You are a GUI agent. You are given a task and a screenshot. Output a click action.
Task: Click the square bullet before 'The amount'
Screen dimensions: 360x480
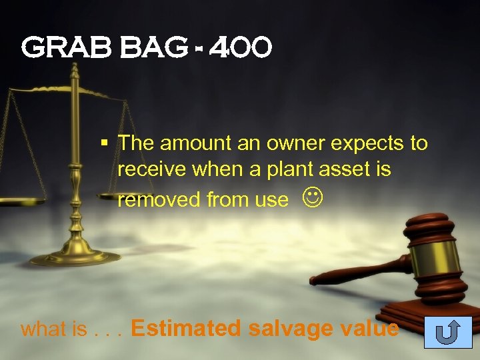coord(104,141)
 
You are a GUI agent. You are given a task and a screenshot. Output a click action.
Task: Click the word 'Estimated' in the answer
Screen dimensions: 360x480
coord(187,328)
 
